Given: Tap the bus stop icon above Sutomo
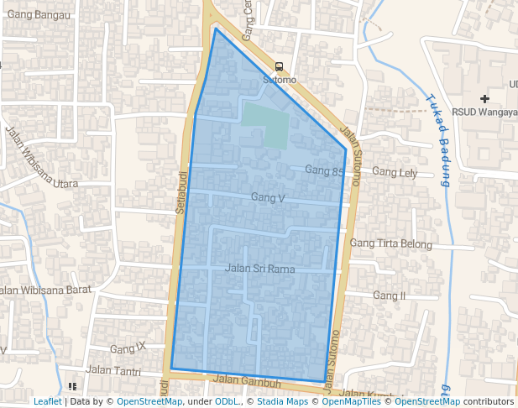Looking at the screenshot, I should [280, 66].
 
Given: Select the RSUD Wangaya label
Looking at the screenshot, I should [483, 112].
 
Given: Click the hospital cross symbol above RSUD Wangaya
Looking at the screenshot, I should [484, 99].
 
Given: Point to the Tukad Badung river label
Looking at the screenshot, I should [440, 139].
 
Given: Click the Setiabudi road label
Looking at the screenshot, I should [180, 192].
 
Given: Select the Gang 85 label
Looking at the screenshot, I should [325, 170].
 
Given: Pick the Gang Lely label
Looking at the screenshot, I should [395, 173].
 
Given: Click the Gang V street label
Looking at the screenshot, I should [268, 198].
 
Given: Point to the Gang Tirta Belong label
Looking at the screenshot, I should [390, 244].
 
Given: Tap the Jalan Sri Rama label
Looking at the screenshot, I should [260, 269].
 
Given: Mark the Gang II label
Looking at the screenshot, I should [390, 296].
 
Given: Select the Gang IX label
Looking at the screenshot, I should [128, 348].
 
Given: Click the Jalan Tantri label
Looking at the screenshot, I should [113, 370].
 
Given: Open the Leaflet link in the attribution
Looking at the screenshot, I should [47, 401].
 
